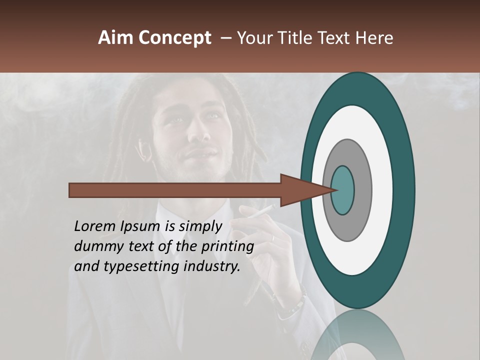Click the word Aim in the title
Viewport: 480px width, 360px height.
[x=115, y=38]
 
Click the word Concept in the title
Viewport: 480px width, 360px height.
[x=174, y=38]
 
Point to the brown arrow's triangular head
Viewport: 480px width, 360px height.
[x=300, y=190]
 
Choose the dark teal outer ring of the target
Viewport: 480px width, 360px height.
[x=405, y=190]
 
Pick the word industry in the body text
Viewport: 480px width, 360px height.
[x=211, y=266]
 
